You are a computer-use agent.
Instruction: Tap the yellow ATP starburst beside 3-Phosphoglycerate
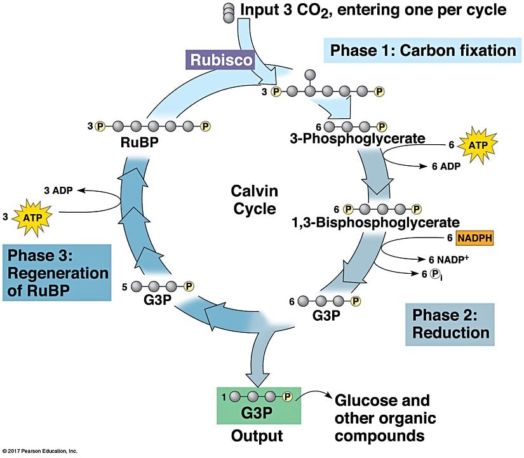476,145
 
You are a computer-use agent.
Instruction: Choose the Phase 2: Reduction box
450,323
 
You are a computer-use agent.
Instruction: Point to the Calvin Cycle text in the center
253,199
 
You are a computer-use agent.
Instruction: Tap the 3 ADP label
58,190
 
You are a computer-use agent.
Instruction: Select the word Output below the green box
257,436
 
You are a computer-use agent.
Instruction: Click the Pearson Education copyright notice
39,451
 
